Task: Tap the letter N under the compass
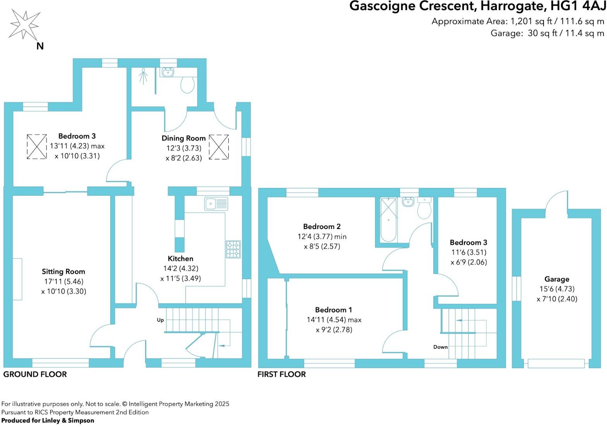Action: coord(40,46)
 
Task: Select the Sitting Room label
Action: coord(63,272)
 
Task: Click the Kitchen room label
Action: coord(180,258)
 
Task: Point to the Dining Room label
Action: coord(183,138)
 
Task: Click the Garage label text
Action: coord(557,279)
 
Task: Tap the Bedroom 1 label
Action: coord(333,309)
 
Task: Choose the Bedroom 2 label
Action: coord(321,226)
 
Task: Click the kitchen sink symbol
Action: coord(216,203)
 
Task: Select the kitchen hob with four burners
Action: coord(233,249)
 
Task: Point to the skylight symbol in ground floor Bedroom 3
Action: coord(37,146)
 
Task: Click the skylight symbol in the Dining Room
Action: coord(219,147)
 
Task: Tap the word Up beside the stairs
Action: coord(160,320)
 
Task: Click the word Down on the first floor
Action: coord(440,347)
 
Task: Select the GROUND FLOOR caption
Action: coord(35,374)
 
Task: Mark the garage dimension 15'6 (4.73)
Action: coord(557,289)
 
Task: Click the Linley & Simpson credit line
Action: coord(48,420)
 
